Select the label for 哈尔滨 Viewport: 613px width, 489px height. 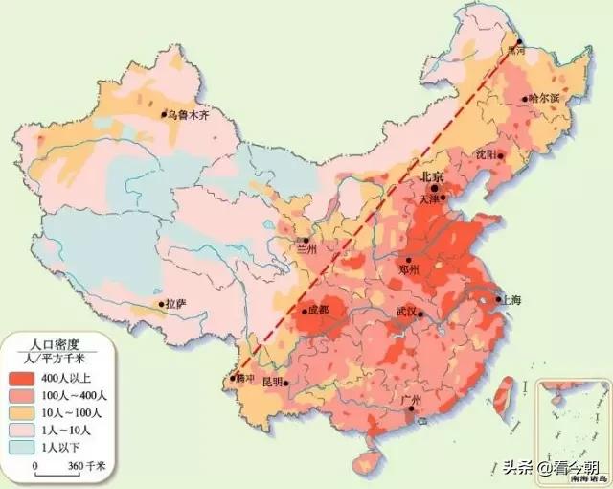pos(543,99)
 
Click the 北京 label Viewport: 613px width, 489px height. pos(431,177)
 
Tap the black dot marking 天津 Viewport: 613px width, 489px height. pos(442,198)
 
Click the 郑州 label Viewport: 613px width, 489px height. pos(410,270)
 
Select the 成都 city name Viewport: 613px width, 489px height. pos(316,310)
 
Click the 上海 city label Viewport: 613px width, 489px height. pos(511,300)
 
